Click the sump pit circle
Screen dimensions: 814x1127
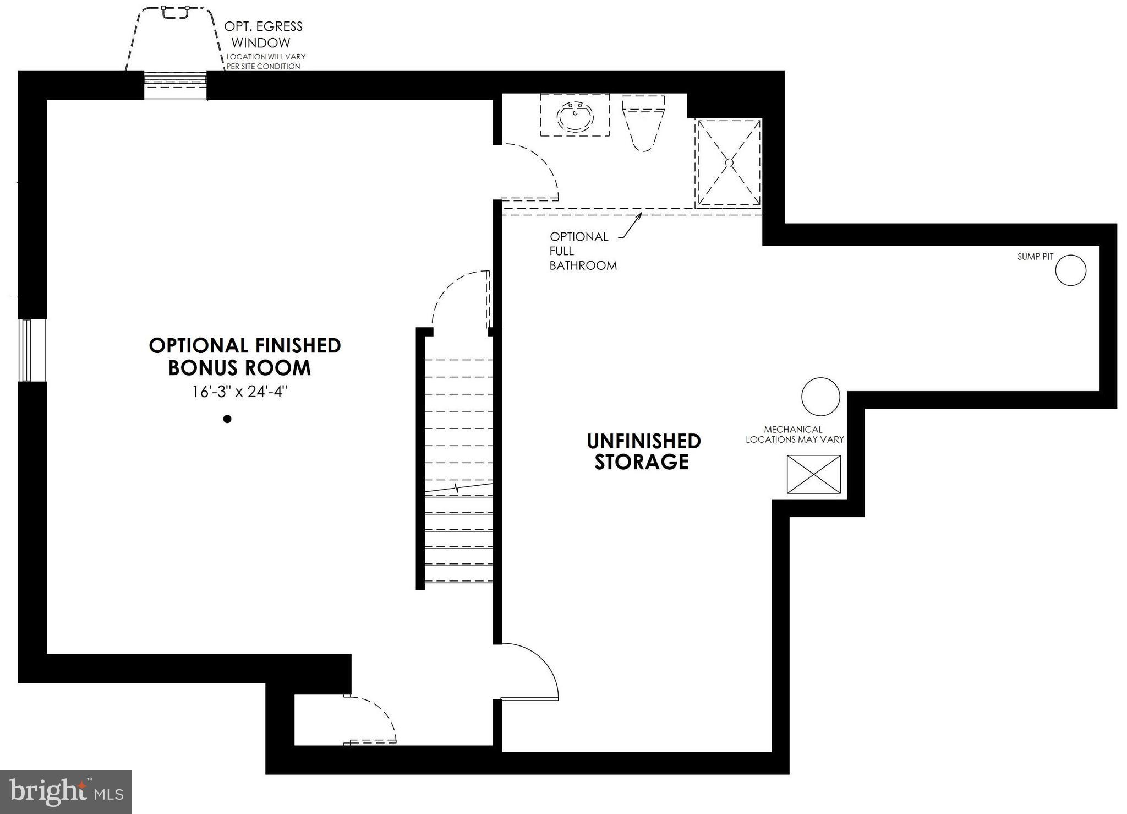pyautogui.click(x=1070, y=270)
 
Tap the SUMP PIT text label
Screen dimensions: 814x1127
pyautogui.click(x=1035, y=257)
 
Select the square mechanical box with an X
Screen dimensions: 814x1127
pyautogui.click(x=813, y=474)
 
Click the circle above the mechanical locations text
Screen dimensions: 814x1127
pyautogui.click(x=820, y=397)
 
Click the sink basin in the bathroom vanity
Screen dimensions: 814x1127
pyautogui.click(x=575, y=116)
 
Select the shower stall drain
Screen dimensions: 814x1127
pyautogui.click(x=729, y=163)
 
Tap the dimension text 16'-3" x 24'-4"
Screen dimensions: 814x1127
pyautogui.click(x=239, y=392)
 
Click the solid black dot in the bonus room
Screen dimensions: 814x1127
pyautogui.click(x=227, y=419)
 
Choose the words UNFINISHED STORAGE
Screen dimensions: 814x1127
pyautogui.click(x=643, y=452)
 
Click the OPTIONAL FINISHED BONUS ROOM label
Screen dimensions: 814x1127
pyautogui.click(x=244, y=356)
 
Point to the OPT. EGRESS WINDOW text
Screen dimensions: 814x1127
pyautogui.click(x=263, y=34)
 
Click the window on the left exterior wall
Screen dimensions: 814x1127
pyautogui.click(x=25, y=350)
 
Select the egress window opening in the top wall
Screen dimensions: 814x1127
pyautogui.click(x=175, y=85)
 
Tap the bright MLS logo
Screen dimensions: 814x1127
pyautogui.click(x=66, y=792)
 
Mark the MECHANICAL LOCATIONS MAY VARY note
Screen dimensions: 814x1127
pyautogui.click(x=794, y=435)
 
